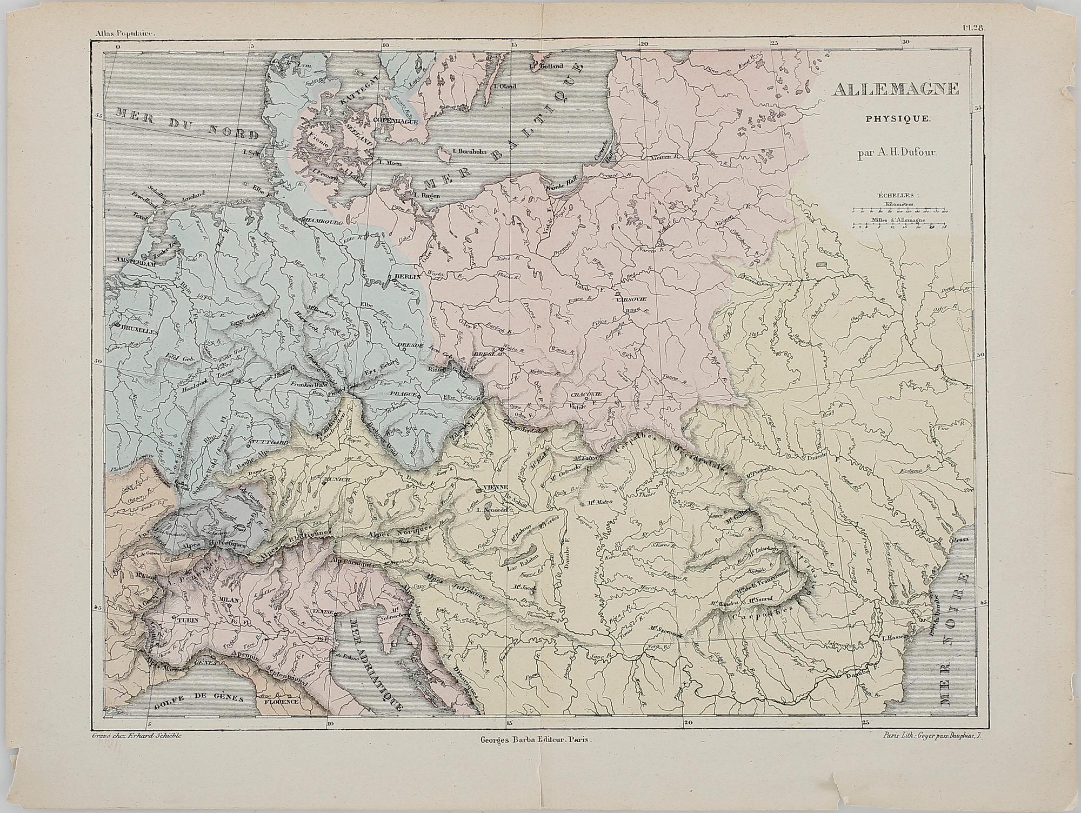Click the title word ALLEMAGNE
pyautogui.click(x=896, y=89)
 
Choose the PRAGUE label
pyautogui.click(x=405, y=394)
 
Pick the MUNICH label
pyautogui.click(x=336, y=479)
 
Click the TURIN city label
pyautogui.click(x=188, y=622)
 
